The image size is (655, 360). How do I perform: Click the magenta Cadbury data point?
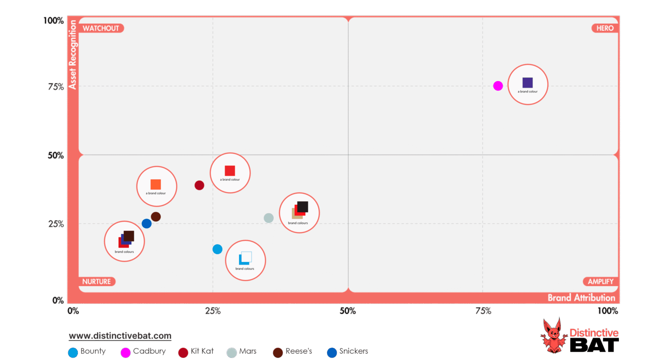tap(498, 86)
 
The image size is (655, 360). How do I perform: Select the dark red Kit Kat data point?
tap(199, 185)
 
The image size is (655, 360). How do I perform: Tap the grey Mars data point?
tap(268, 218)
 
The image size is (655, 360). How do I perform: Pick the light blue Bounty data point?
tap(217, 249)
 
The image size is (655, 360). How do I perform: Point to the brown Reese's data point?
tap(156, 217)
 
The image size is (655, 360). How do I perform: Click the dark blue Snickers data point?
tap(147, 224)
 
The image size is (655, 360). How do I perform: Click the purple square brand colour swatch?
tap(527, 83)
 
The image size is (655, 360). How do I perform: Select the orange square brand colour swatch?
tap(156, 184)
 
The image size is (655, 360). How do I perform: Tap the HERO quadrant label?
tap(605, 28)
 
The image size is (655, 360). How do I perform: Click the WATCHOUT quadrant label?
tap(101, 28)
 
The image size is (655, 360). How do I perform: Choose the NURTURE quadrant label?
tap(97, 282)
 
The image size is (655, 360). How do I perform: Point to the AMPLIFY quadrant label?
tap(600, 282)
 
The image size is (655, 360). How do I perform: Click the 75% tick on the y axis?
tap(56, 87)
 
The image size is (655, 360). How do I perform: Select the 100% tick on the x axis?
tap(608, 311)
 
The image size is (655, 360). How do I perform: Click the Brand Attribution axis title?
tap(581, 298)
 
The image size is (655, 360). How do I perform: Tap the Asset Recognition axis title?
tap(72, 55)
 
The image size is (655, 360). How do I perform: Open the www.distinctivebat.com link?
tap(120, 336)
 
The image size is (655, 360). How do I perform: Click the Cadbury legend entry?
tap(144, 351)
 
